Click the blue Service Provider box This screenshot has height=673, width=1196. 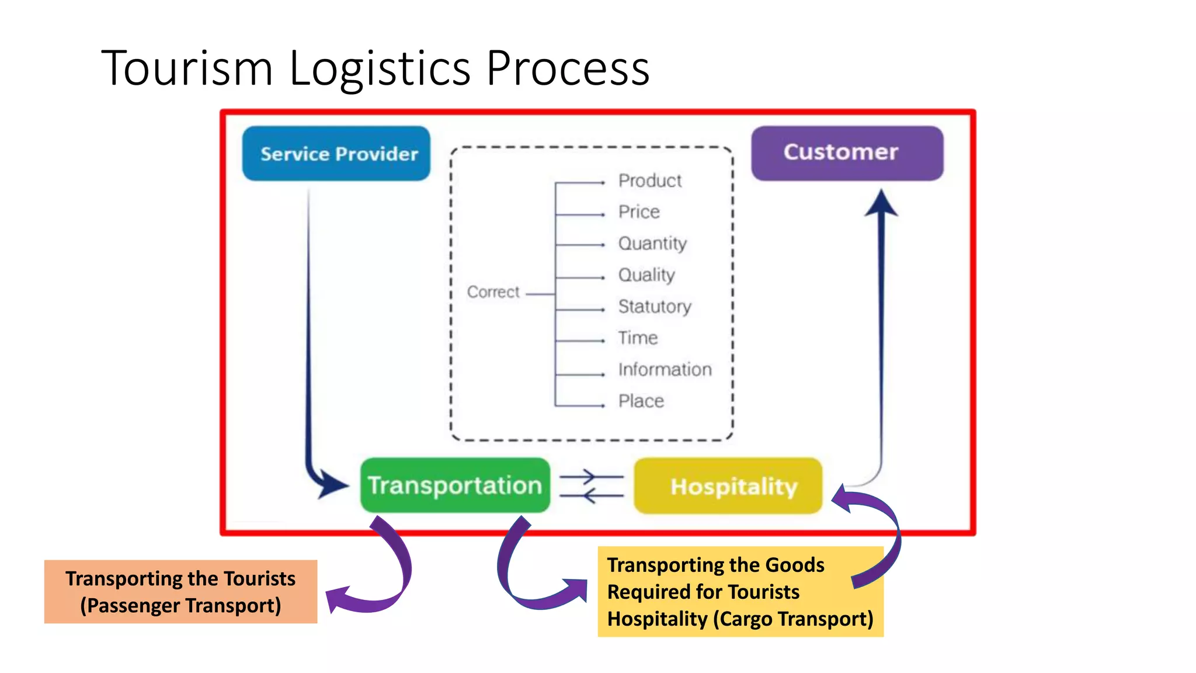click(x=336, y=154)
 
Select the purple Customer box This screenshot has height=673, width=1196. click(x=847, y=153)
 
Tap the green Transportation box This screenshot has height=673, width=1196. click(x=455, y=485)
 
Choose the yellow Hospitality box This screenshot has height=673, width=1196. click(x=728, y=486)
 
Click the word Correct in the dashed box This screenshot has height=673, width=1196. click(x=493, y=292)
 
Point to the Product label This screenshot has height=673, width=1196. click(x=650, y=181)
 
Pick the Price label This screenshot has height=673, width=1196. click(x=639, y=212)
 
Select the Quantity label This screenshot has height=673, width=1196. click(x=652, y=244)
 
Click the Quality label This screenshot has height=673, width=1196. click(x=646, y=275)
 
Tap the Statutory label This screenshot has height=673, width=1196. click(x=655, y=307)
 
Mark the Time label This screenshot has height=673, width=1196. click(x=638, y=338)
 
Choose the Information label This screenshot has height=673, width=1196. click(x=665, y=370)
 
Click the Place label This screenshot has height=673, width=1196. click(x=641, y=401)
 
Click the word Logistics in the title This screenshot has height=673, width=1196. click(x=380, y=69)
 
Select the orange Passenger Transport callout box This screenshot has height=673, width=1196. click(x=180, y=592)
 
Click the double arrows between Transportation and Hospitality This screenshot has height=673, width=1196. click(x=592, y=486)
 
